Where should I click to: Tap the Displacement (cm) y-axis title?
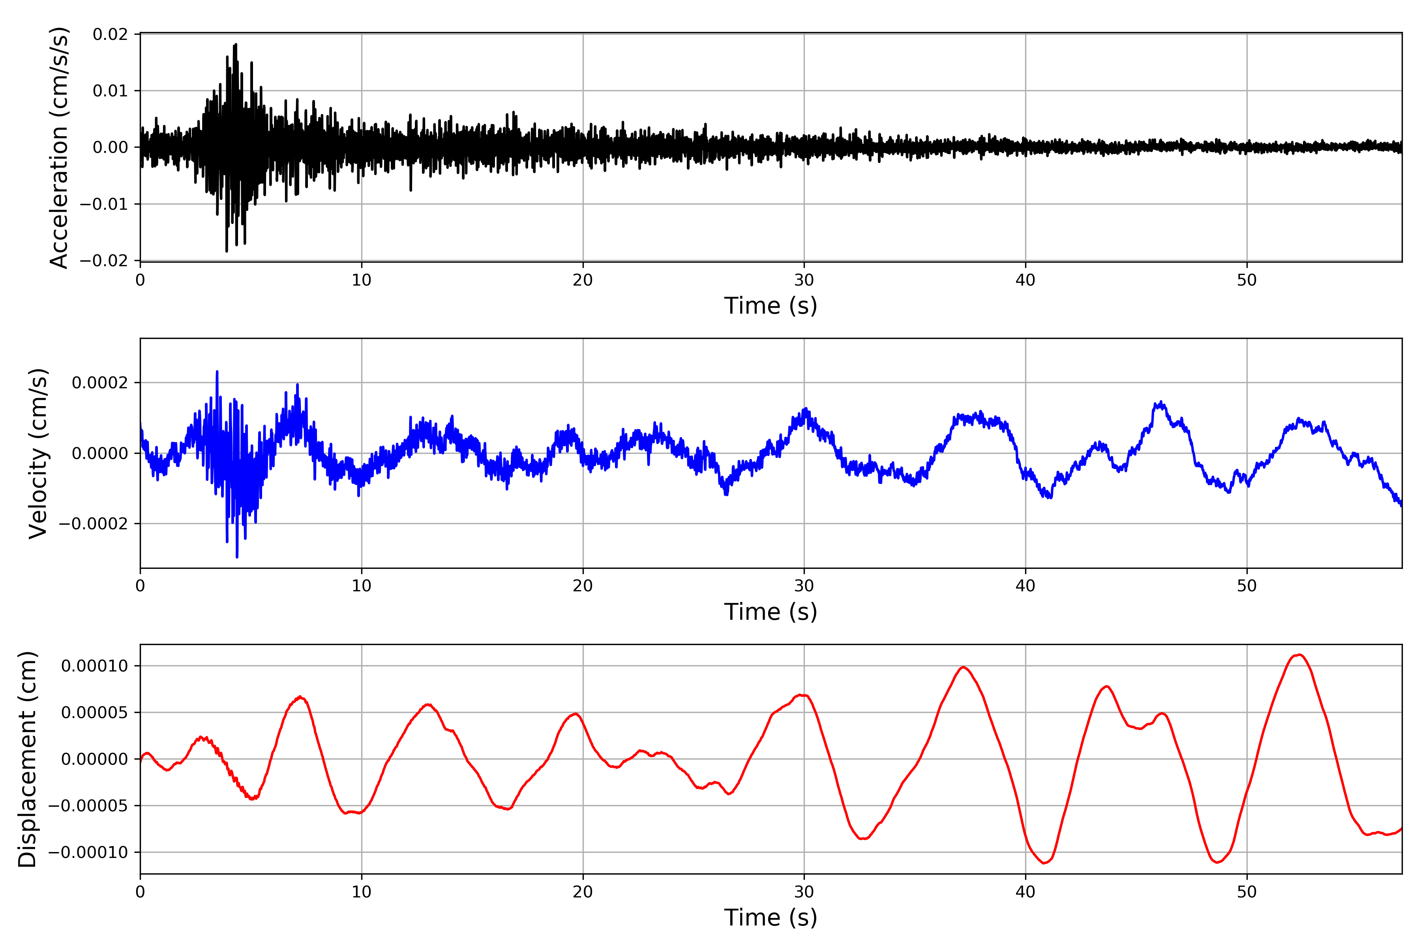(27, 759)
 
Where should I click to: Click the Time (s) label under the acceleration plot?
(770, 306)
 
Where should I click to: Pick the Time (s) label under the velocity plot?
(770, 612)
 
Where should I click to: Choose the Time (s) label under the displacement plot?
(770, 918)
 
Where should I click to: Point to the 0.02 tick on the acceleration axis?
(110, 34)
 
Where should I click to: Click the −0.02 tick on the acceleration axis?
(104, 261)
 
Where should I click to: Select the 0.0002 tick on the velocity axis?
(100, 383)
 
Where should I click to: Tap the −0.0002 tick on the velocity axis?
(94, 524)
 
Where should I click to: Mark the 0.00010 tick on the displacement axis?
(95, 666)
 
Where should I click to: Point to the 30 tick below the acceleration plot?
(804, 280)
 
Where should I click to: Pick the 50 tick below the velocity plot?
(1247, 586)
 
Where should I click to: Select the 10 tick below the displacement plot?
(361, 892)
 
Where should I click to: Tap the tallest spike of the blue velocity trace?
(217, 371)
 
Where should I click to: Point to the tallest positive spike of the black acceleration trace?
(236, 44)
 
